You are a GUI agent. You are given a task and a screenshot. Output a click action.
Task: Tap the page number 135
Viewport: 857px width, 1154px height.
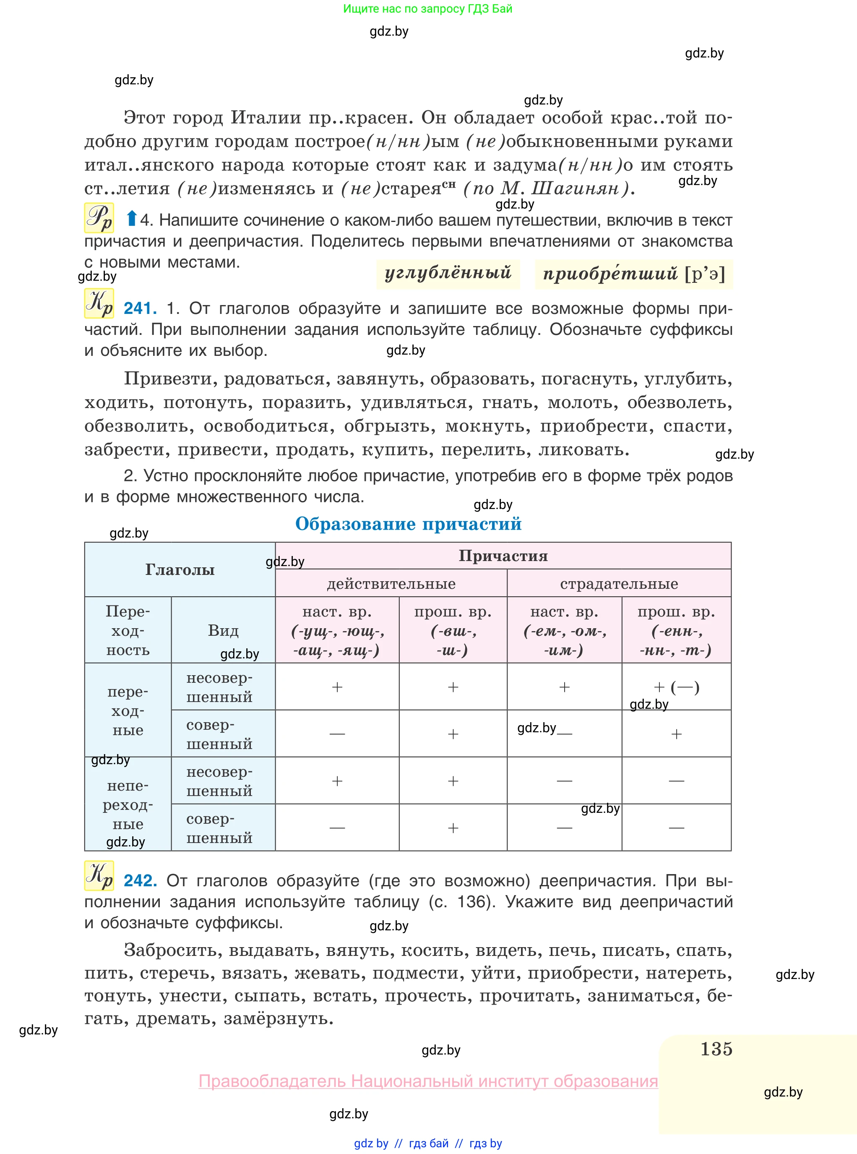click(716, 1049)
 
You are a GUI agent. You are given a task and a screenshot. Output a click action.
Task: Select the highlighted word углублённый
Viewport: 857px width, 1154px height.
click(448, 273)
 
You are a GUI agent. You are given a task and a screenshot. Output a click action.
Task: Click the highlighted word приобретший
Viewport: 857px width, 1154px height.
click(610, 274)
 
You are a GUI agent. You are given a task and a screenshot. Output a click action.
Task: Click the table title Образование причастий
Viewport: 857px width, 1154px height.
click(408, 524)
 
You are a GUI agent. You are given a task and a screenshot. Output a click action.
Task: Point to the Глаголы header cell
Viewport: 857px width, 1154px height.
click(180, 570)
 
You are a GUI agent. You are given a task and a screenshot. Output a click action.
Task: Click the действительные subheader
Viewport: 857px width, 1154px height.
click(391, 584)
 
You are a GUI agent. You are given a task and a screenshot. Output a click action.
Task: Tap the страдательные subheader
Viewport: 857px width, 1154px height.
click(619, 584)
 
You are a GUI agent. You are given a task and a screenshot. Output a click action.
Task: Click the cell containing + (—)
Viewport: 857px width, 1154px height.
click(677, 687)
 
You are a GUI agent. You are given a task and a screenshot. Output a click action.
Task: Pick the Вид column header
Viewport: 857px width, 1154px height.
click(223, 630)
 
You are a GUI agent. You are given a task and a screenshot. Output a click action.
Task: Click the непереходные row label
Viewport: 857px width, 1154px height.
click(128, 804)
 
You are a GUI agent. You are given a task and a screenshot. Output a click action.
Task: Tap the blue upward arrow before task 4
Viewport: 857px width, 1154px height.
click(132, 219)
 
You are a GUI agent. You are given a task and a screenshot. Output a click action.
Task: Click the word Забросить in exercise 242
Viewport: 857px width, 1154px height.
click(174, 950)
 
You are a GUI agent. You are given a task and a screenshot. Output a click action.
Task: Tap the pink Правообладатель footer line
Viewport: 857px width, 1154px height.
click(428, 1081)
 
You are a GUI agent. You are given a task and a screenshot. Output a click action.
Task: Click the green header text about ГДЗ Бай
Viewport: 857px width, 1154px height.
click(427, 9)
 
